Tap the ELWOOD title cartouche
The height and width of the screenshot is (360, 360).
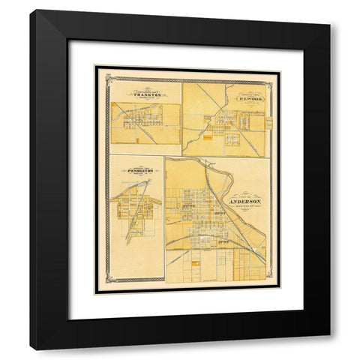pyautogui.click(x=250, y=97)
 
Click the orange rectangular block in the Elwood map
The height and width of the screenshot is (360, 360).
pyautogui.click(x=218, y=136)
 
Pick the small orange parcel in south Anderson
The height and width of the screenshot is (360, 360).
pyautogui.click(x=194, y=265)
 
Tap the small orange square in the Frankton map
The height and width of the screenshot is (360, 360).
pyautogui.click(x=138, y=137)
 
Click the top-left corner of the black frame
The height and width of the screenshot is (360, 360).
pyautogui.click(x=31, y=11)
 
